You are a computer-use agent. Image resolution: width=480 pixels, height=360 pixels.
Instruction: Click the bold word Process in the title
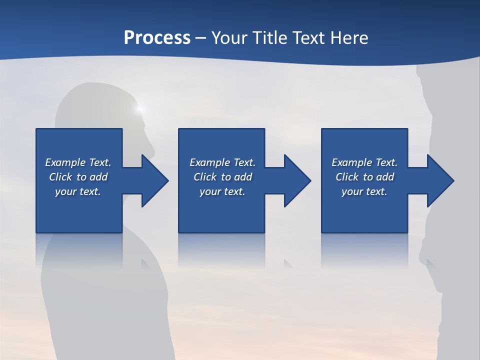click(157, 38)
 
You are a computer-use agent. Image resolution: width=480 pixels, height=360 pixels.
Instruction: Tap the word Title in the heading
click(269, 38)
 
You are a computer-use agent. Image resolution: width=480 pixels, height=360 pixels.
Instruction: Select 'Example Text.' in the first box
click(78, 162)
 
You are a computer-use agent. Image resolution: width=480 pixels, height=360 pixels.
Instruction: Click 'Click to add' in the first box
click(78, 177)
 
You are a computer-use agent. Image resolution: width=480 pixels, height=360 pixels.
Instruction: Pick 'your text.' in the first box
click(78, 191)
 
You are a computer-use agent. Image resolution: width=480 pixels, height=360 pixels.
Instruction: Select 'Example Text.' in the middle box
click(222, 162)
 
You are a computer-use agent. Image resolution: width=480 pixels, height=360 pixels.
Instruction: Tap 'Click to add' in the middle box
click(222, 177)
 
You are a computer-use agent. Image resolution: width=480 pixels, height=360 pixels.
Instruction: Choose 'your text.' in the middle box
click(222, 191)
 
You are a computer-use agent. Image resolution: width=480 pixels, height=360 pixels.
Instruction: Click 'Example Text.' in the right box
click(364, 162)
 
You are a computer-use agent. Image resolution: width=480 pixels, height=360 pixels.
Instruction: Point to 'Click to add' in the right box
click(364, 177)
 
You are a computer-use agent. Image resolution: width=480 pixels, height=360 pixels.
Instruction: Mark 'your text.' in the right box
click(364, 191)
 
